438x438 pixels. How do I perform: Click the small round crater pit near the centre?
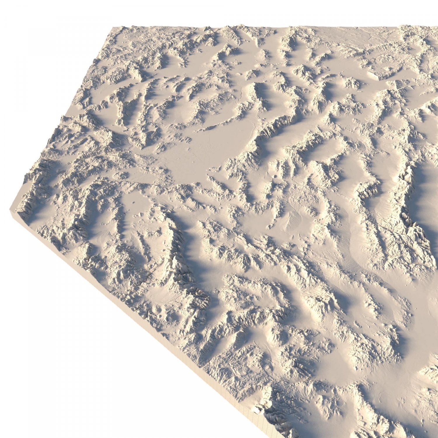coord(276,176)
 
